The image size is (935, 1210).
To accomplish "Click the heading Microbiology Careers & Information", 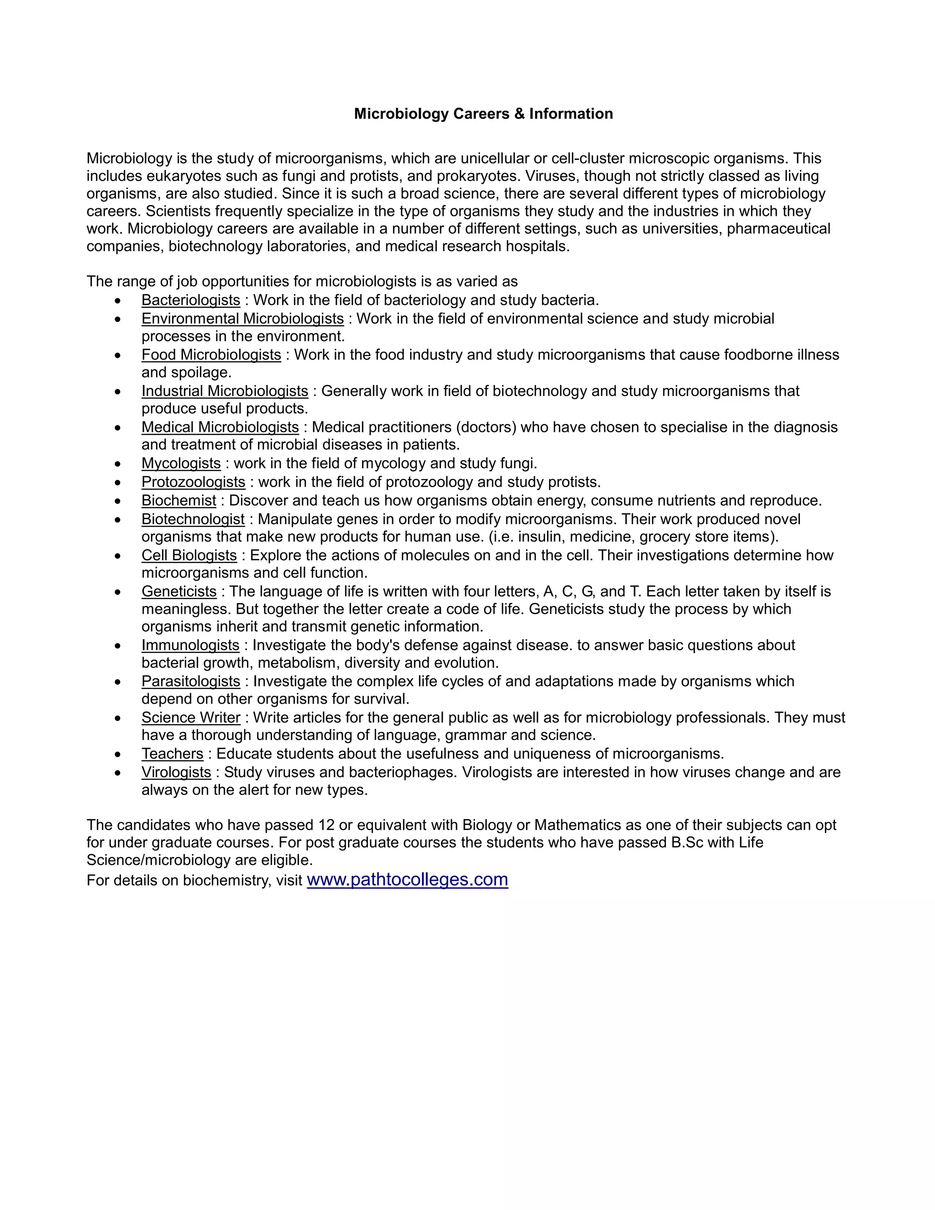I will point(483,114).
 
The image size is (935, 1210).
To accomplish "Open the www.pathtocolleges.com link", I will point(407,880).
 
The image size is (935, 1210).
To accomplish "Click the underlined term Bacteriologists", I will point(190,300).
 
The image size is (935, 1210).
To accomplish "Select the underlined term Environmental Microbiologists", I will point(242,319).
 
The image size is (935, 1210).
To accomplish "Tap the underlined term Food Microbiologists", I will point(211,355).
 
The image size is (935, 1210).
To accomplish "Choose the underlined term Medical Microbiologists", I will point(220,427).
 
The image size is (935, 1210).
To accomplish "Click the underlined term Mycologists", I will point(181,463).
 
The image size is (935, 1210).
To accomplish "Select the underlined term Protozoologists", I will point(193,482).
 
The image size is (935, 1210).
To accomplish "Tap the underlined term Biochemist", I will point(179,501).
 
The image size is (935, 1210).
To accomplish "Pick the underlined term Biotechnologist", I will point(193,520).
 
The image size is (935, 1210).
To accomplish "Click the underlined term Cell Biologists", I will point(189,556).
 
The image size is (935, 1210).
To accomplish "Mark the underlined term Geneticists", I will point(179,592).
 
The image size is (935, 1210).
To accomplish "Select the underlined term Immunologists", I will point(190,646).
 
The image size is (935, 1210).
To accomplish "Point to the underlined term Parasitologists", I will point(190,681).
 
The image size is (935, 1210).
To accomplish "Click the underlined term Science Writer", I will point(190,717).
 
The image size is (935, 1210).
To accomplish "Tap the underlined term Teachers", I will point(172,754).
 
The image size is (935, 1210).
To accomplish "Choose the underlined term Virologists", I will point(176,772).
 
